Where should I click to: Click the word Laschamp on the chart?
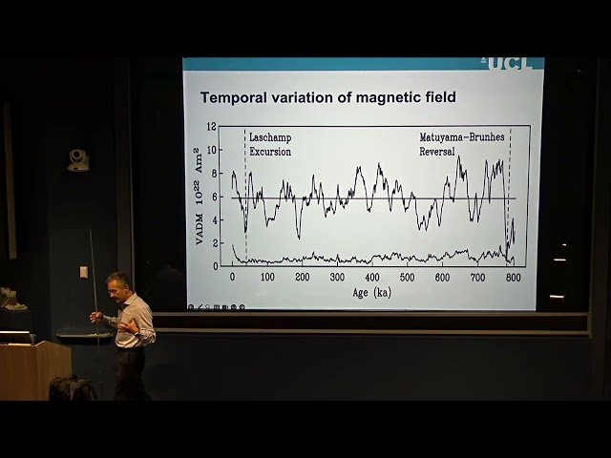tap(270, 137)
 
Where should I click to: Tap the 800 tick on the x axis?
tap(513, 277)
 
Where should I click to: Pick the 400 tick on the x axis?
tap(372, 277)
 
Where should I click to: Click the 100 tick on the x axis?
tap(267, 277)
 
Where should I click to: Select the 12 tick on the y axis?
tap(213, 127)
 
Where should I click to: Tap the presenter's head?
tap(117, 283)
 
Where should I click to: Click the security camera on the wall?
tap(78, 159)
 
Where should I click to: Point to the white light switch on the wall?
tap(84, 272)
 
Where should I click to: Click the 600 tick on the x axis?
tap(442, 277)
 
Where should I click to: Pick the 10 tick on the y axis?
tap(213, 150)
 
